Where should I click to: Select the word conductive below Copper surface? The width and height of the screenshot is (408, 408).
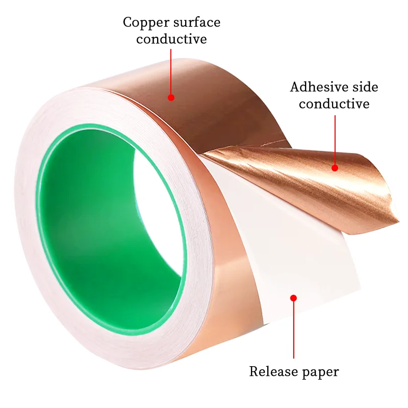(x=171, y=39)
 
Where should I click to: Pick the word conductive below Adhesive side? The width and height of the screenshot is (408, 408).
(x=334, y=104)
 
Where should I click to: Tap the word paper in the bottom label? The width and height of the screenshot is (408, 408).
(x=318, y=372)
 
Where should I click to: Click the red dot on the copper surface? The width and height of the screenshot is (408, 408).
(x=171, y=97)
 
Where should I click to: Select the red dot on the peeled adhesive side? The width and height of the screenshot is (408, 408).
(x=335, y=167)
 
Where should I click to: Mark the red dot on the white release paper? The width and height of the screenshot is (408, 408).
(x=293, y=297)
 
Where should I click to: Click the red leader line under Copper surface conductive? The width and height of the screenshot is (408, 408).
(x=171, y=71)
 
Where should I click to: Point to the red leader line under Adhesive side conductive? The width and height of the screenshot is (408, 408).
(x=335, y=140)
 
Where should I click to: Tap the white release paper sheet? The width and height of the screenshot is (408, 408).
(x=286, y=245)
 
